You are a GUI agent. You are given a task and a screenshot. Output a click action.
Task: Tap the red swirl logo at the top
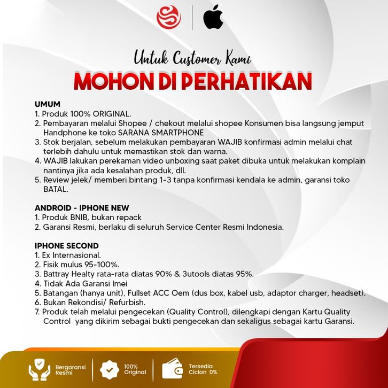(x=168, y=17)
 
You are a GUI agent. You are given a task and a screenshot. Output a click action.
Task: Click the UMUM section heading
(x=48, y=104)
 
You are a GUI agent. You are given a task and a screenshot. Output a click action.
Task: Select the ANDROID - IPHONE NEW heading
(x=82, y=208)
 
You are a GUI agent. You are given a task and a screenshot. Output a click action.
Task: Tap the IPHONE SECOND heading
(x=67, y=246)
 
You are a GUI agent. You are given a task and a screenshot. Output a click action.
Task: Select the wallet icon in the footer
(x=172, y=369)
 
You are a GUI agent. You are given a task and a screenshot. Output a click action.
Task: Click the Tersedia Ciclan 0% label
(x=203, y=369)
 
